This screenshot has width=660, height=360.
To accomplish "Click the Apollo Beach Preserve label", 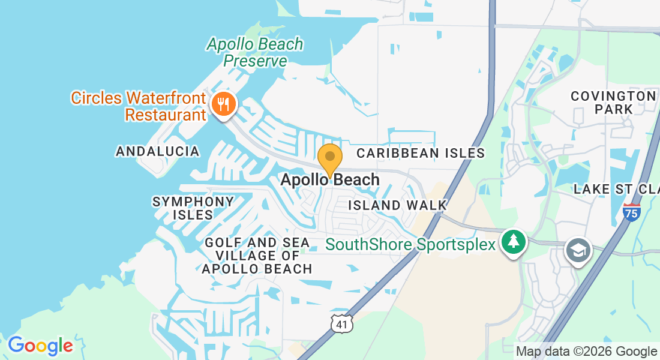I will [255, 52].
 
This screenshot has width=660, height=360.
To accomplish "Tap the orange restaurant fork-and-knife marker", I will [224, 105].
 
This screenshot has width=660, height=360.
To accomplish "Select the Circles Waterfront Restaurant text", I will [139, 106].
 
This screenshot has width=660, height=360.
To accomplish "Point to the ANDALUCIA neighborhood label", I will [158, 151].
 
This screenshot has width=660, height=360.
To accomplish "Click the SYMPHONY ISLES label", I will [193, 208].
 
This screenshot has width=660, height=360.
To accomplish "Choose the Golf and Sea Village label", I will [257, 256].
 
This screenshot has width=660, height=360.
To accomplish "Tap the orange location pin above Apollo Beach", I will [329, 158].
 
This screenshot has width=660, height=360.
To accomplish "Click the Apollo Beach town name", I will [330, 179].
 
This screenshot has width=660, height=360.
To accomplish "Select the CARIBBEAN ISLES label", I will [420, 153].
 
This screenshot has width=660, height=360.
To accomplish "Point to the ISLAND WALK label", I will [398, 205].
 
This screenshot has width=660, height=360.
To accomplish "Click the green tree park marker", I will [514, 242].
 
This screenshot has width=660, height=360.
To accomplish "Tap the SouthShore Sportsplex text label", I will [410, 245].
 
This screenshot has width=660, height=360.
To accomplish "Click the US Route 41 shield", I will [341, 324].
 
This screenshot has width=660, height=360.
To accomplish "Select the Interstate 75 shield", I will [631, 212].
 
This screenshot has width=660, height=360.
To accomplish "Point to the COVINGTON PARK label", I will [613, 103].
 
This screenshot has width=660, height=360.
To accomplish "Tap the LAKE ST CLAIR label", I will [616, 190].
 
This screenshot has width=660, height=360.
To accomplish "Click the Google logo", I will [40, 346].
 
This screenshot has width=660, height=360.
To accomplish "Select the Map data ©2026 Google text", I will [586, 352].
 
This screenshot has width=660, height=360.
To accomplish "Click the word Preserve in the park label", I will [255, 61].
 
